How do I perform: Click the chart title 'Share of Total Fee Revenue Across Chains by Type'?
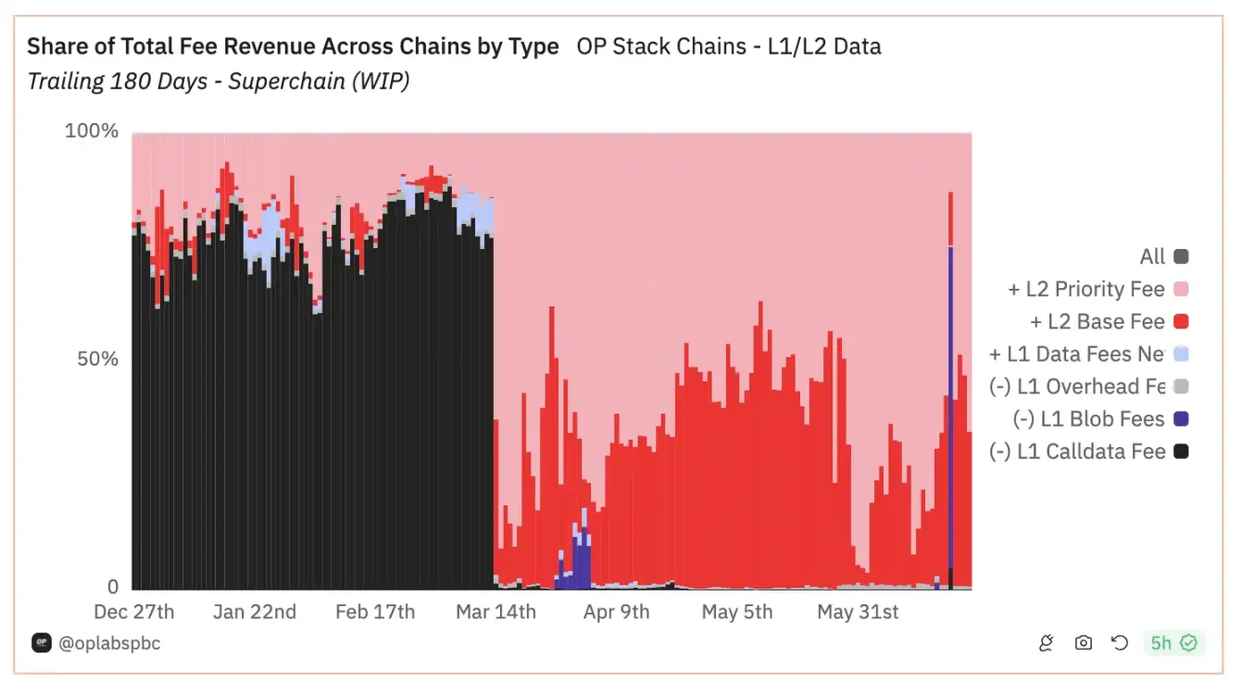[x=293, y=46]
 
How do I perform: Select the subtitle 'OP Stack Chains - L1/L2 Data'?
[x=728, y=46]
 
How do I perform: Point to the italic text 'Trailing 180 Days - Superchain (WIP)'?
[x=219, y=81]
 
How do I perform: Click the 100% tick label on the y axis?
[x=92, y=131]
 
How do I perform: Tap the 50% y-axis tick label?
[x=97, y=359]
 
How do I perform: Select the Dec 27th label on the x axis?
[x=134, y=612]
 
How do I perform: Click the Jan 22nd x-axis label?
[x=255, y=612]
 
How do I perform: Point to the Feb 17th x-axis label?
[x=375, y=612]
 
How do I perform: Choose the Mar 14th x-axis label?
[x=496, y=612]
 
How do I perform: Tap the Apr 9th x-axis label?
[x=616, y=612]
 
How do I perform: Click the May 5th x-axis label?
[x=737, y=612]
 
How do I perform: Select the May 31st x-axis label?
[x=859, y=612]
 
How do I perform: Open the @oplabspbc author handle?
[x=109, y=642]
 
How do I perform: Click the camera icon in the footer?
[x=1083, y=642]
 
